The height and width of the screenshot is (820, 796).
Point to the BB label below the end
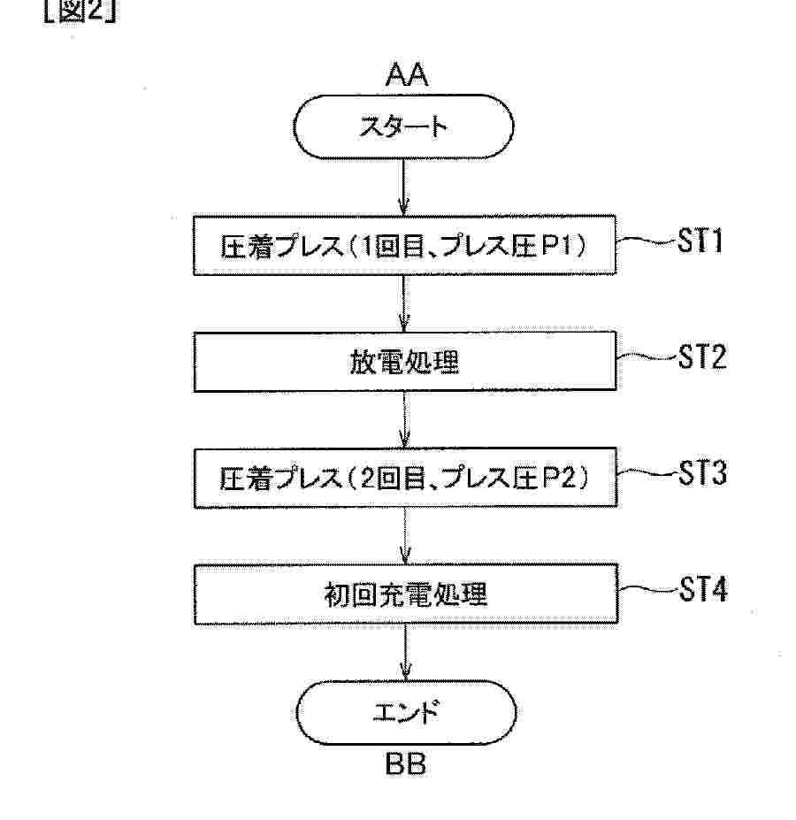[406, 763]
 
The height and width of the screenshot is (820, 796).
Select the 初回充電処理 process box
[403, 594]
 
